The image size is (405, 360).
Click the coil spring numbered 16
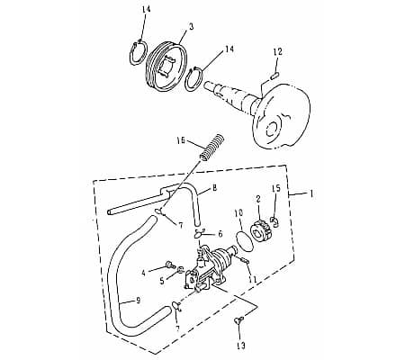click(211, 148)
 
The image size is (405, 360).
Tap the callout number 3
click(191, 27)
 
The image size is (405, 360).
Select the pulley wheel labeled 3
click(166, 67)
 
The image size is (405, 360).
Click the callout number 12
click(278, 51)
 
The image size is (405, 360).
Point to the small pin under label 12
click(274, 76)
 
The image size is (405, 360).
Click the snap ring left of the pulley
click(139, 52)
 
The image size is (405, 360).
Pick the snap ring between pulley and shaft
click(194, 78)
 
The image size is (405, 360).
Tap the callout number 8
click(214, 188)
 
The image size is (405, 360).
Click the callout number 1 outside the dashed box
click(312, 193)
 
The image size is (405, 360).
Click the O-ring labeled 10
click(244, 240)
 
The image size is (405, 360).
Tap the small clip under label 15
click(275, 221)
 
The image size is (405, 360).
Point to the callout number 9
click(139, 301)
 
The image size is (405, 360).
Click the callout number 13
click(241, 346)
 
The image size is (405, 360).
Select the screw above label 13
click(238, 321)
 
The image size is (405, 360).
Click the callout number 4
click(143, 273)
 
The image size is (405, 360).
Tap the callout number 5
click(162, 281)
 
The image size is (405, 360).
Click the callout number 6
click(220, 234)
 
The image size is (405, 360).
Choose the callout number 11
click(252, 279)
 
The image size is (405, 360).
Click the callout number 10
click(238, 213)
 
